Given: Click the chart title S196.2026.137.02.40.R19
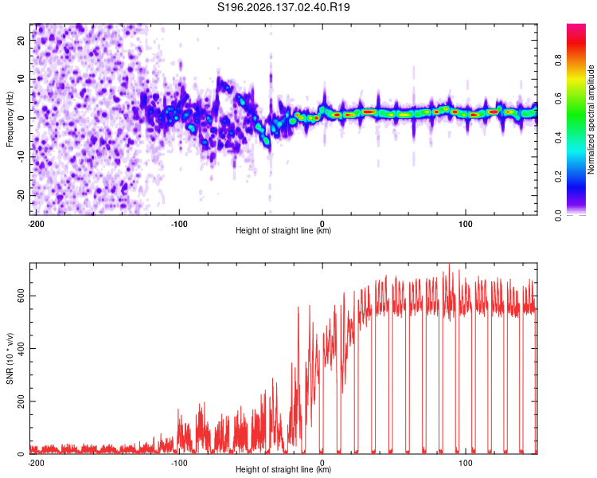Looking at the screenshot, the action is [x=283, y=7].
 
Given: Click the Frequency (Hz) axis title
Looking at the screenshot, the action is [x=10, y=119].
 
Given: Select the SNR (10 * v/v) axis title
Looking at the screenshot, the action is [x=10, y=358].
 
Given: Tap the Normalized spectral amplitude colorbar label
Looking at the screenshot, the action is [x=591, y=119].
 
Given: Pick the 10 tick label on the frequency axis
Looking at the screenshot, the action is [x=21, y=79].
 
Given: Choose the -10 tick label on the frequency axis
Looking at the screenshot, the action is [x=21, y=157].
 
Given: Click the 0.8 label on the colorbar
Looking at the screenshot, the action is [x=558, y=61].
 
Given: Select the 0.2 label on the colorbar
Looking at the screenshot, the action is [x=558, y=177].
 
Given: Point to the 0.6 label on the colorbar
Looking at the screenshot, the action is [x=558, y=98].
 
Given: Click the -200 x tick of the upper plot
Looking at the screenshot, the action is [x=36, y=224].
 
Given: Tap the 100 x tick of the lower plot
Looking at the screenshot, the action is [x=466, y=463].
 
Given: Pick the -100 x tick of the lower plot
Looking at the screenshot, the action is [x=179, y=463].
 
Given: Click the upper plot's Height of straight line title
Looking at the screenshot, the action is [x=283, y=230].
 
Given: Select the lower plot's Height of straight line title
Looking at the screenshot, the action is [x=283, y=469].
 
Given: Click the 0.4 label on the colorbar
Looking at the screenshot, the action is [x=558, y=137].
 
